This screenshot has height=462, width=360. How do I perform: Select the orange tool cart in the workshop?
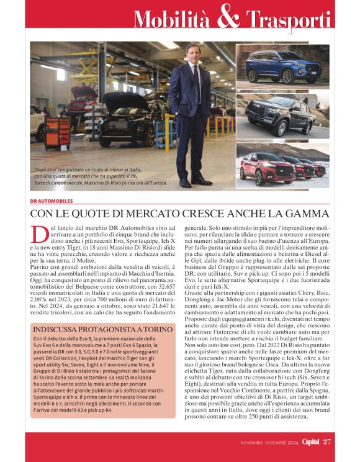58,132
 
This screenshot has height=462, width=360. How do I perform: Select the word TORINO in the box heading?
155,328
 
